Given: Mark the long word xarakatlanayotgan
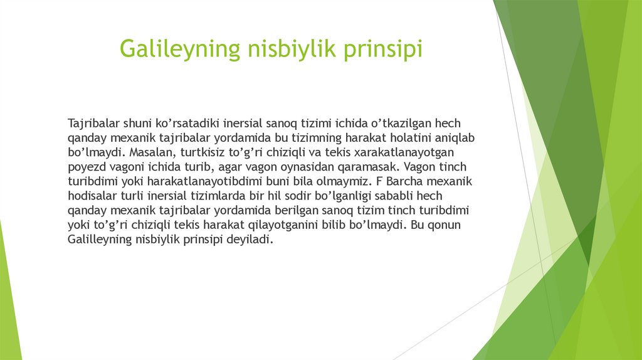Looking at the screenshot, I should tap(401, 152).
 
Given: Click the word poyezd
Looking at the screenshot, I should tap(85, 167).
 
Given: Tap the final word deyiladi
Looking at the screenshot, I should tap(251, 240).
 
